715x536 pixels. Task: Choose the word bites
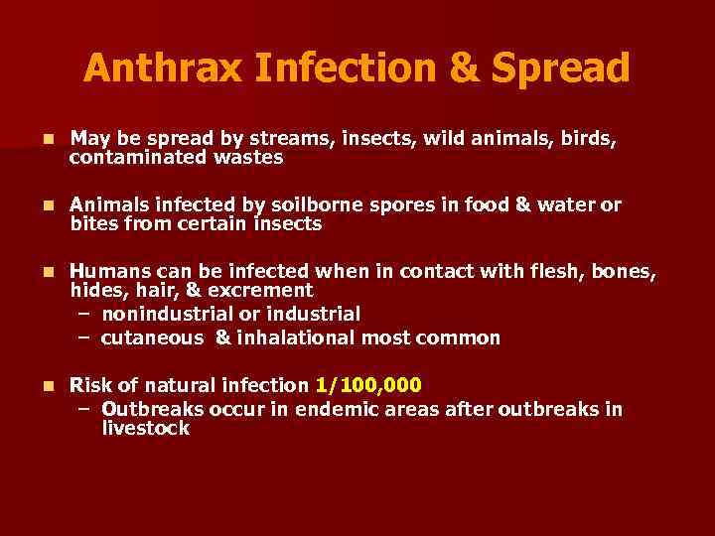click(95, 223)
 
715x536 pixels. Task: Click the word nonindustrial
click(160, 314)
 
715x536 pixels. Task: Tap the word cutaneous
click(152, 337)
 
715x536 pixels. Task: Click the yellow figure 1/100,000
click(368, 385)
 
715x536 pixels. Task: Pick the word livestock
click(145, 428)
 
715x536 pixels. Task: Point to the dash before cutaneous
click(83, 337)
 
